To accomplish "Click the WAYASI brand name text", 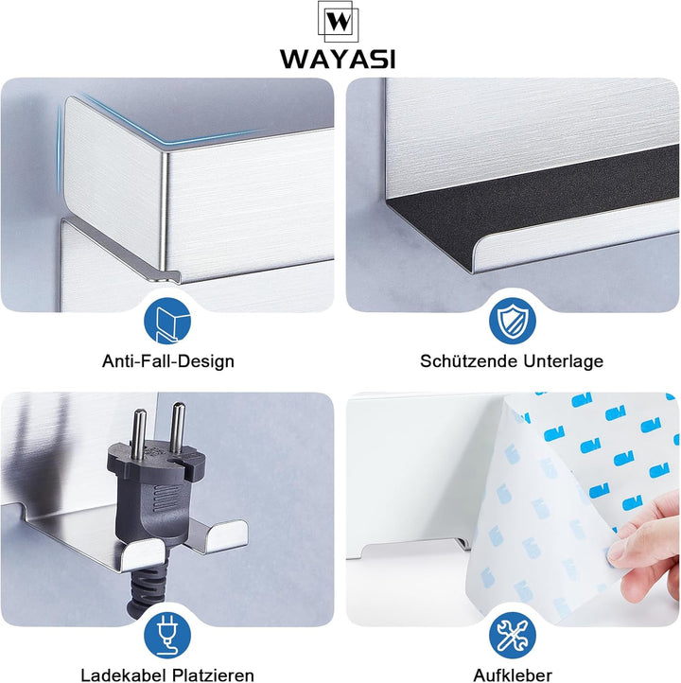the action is [338, 59].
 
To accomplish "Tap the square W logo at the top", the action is [338, 22].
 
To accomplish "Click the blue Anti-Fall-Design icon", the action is [167, 321].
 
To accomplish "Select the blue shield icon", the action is [512, 321].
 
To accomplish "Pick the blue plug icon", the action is [167, 635].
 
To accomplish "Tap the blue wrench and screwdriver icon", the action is [512, 635].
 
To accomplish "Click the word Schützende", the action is [469, 361].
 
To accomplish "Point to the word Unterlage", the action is [564, 361].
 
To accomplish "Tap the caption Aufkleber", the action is [513, 675].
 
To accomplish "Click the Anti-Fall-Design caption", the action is [168, 361].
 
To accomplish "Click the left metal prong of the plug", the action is [139, 434].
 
